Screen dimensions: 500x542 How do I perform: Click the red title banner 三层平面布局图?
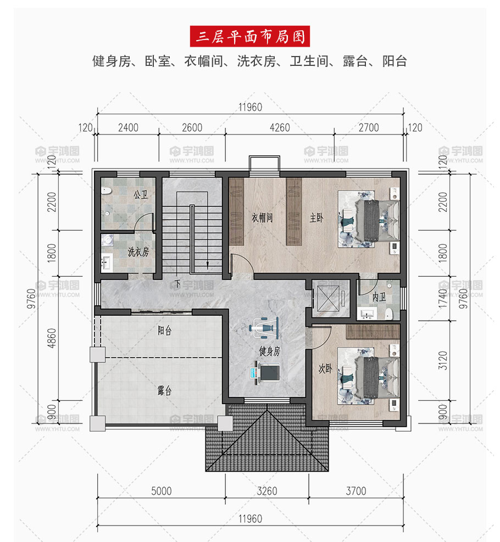coord(249,36)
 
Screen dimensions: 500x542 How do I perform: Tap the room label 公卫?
coord(141,194)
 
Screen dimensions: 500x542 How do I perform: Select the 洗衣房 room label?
coord(138,252)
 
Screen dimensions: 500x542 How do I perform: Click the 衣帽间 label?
coord(262,218)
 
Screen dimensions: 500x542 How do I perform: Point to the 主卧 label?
coord(316,218)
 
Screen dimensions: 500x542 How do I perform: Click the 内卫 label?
coord(379,297)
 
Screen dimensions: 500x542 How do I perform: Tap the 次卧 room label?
coord(325,368)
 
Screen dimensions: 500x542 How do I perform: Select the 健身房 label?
coord(270,351)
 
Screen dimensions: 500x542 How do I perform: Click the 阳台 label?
coord(165,331)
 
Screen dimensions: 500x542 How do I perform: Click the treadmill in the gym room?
coord(265,372)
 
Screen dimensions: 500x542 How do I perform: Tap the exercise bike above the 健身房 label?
coord(264,327)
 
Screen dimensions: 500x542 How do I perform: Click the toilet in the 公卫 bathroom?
coord(106,191)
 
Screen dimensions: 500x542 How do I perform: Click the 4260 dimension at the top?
coord(280,128)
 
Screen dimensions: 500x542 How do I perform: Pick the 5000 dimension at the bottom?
coord(162,491)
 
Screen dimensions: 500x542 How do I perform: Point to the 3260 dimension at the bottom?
coord(267,491)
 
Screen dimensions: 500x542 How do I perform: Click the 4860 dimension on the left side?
coord(51,338)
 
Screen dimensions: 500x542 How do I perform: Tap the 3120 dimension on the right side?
coord(443,361)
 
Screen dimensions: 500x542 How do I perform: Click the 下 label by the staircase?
coord(177,284)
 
